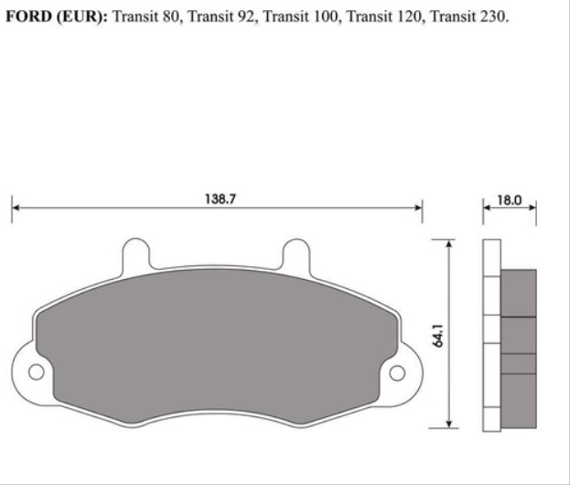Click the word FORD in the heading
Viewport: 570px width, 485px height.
click(x=27, y=17)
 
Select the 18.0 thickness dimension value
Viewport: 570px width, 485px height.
click(x=510, y=198)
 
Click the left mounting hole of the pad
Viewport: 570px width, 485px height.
click(x=36, y=372)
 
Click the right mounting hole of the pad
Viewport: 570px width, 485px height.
click(x=398, y=372)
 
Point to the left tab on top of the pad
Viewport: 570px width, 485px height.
click(x=136, y=253)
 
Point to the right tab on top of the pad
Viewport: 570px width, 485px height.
click(x=296, y=253)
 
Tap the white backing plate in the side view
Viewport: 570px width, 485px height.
click(x=491, y=334)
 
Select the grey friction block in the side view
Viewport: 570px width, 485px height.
click(x=519, y=348)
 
